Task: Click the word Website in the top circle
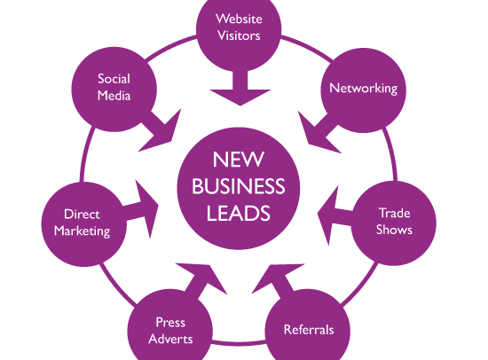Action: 239,19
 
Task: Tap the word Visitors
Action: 239,35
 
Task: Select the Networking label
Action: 363,89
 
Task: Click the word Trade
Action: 395,213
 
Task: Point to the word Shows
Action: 394,230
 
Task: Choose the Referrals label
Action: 309,330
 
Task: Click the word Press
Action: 170,323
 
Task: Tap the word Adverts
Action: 170,339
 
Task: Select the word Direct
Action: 82,215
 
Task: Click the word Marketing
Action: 83,231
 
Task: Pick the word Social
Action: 114,79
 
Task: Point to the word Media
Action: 114,96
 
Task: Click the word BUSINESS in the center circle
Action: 239,186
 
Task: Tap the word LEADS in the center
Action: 239,213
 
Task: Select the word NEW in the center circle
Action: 239,160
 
